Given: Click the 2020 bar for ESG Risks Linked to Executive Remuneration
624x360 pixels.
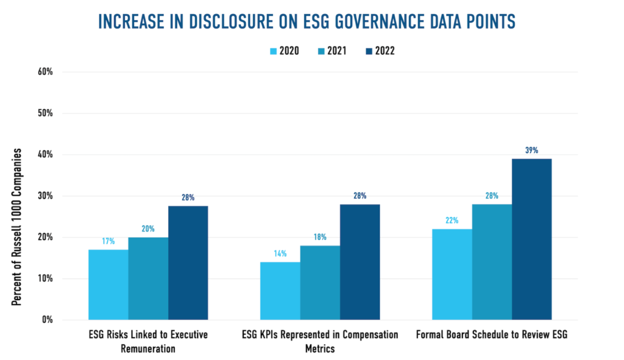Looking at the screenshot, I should point(108,284).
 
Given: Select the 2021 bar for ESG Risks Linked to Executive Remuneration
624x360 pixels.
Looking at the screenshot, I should point(148,278).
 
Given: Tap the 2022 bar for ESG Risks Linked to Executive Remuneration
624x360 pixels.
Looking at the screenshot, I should point(188,263).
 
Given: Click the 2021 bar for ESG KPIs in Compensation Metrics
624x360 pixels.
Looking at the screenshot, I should point(320,283).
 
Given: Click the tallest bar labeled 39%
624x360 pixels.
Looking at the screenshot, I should point(531,239).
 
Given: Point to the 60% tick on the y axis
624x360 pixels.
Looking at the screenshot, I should point(46,72).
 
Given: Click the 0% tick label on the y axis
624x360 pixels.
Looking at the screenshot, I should point(48,320).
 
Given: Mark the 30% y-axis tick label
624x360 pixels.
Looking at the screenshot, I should point(46,196).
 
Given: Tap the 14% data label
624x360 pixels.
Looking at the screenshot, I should point(280,253).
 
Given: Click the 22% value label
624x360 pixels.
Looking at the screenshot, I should point(452,220).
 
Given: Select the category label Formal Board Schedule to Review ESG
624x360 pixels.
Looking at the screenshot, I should point(491,334).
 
